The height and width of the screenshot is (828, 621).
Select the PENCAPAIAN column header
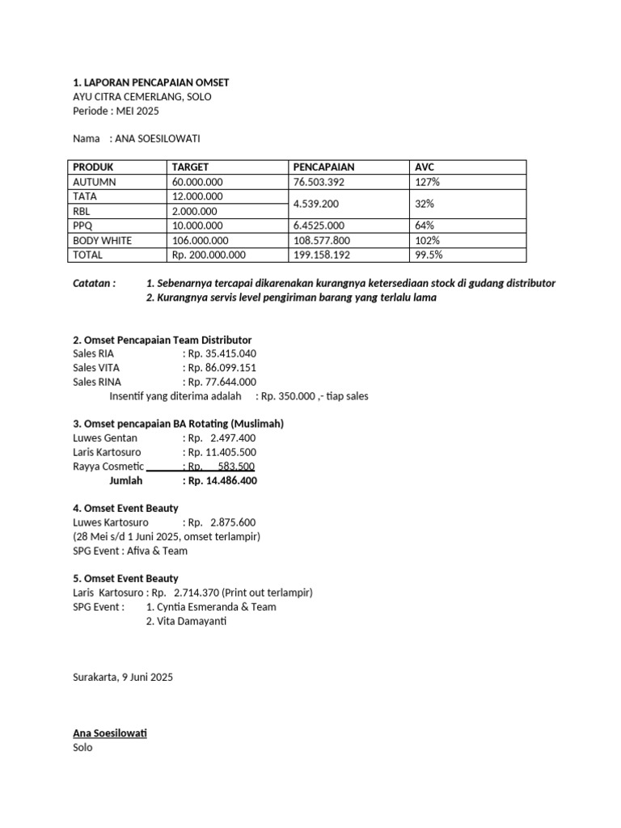pyautogui.click(x=323, y=167)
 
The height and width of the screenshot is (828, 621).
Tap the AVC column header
pyautogui.click(x=425, y=167)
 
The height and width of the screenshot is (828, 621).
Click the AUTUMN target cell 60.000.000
pyautogui.click(x=197, y=182)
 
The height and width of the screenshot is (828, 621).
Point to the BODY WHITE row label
pyautogui.click(x=102, y=240)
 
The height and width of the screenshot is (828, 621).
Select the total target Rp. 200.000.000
pyautogui.click(x=209, y=255)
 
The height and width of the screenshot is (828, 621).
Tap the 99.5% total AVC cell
pyautogui.click(x=429, y=255)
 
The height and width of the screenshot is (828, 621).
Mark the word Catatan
pyautogui.click(x=94, y=284)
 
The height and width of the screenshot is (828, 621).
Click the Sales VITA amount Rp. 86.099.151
pyautogui.click(x=220, y=367)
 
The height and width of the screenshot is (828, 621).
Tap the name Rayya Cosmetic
pyautogui.click(x=108, y=467)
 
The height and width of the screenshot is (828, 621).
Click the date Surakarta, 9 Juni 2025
pyautogui.click(x=123, y=677)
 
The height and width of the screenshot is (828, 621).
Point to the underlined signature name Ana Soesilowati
pyautogui.click(x=110, y=733)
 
